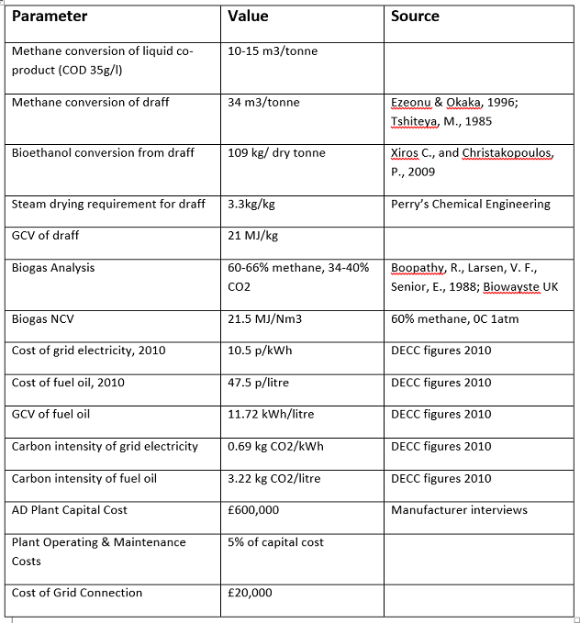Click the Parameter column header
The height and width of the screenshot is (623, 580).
[x=50, y=17]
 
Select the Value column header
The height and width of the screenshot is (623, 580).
[x=247, y=17]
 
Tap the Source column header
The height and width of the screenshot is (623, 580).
[x=415, y=17]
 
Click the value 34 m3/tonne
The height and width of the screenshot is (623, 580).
[x=260, y=102]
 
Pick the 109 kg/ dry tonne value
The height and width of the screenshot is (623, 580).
[x=276, y=152]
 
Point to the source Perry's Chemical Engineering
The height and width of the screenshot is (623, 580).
[x=470, y=204]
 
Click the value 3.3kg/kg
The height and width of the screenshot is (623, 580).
[x=251, y=204]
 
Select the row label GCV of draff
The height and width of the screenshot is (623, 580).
[x=45, y=236]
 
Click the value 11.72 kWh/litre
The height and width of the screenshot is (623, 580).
[x=271, y=415]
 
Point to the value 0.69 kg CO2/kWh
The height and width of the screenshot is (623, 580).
[x=275, y=447]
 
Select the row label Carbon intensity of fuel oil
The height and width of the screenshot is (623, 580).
[x=84, y=479]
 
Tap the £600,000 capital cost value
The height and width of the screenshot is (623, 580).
[x=253, y=510]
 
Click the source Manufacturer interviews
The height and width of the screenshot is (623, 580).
[x=459, y=510]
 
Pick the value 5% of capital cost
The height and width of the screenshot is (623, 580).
[x=275, y=542]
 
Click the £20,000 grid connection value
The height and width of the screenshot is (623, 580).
[x=250, y=593]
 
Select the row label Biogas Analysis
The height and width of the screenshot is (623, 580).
[x=52, y=268]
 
